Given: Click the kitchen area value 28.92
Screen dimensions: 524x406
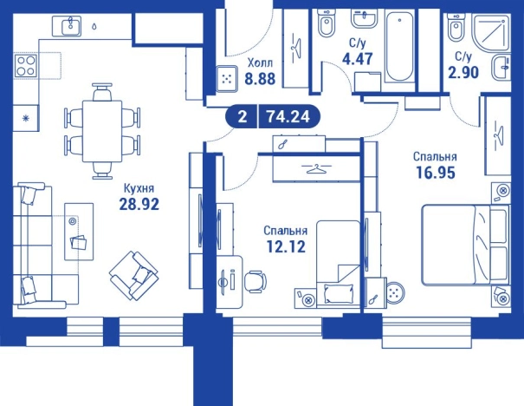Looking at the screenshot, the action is (x=139, y=204).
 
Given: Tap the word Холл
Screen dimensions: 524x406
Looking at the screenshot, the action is (x=260, y=62).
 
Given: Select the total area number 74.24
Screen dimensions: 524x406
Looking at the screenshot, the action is (x=288, y=117).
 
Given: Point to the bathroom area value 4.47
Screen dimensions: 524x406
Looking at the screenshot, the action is (x=357, y=59).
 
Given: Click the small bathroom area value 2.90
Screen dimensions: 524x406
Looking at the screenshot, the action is (x=463, y=72).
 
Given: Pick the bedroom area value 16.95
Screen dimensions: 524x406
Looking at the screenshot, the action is (x=436, y=173).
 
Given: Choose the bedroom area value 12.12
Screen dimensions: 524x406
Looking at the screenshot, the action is (x=286, y=246).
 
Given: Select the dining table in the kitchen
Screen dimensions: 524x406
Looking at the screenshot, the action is (x=102, y=131).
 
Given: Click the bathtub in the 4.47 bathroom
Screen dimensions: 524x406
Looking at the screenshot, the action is (x=399, y=45).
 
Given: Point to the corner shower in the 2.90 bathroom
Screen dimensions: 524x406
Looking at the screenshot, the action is (x=492, y=34).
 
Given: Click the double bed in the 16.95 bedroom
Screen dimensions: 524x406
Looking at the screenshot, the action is (x=466, y=245).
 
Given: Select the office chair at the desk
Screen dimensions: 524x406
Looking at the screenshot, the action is (x=255, y=281).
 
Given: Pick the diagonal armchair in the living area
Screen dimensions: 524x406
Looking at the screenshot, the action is (x=134, y=276).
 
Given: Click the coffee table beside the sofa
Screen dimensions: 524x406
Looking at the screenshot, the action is (x=79, y=232).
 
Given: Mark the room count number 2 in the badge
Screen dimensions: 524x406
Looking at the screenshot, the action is (x=243, y=117).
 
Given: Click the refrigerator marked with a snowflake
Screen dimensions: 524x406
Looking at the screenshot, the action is (x=25, y=118).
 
